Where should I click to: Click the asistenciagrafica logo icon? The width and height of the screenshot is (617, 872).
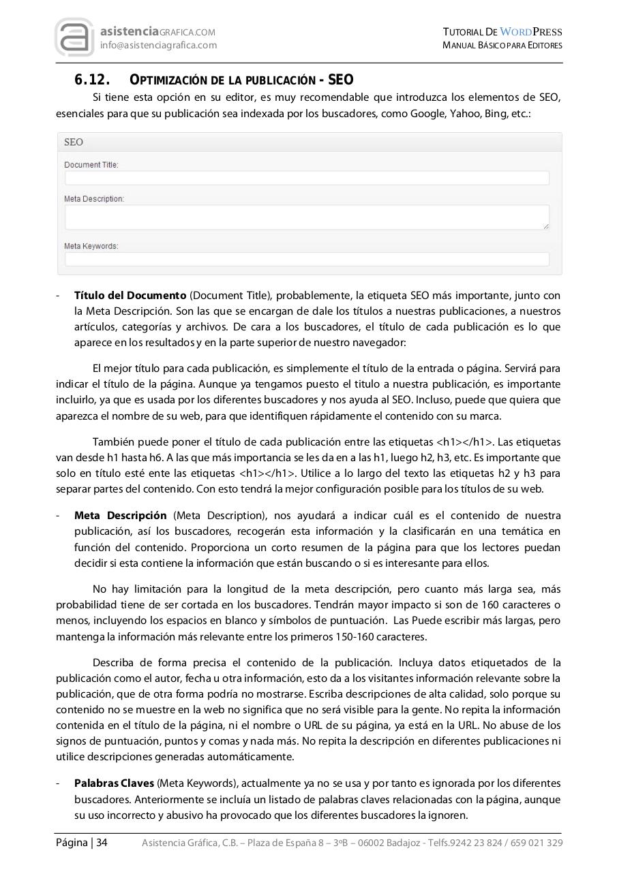click(75, 37)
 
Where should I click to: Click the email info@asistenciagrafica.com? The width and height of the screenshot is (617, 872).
click(158, 45)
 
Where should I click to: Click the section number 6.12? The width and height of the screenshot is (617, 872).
click(92, 80)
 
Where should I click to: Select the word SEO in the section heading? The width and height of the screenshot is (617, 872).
click(341, 80)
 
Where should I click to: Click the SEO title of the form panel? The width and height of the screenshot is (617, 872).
click(74, 142)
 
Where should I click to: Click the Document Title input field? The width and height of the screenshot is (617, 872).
click(307, 178)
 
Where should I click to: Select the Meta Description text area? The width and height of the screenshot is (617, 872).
click(307, 217)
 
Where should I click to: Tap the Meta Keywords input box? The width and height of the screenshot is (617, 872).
click(307, 259)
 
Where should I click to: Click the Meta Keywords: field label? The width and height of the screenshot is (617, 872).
click(91, 246)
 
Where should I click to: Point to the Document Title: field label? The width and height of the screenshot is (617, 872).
click(91, 165)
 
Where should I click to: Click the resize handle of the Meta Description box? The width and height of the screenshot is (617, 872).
click(545, 225)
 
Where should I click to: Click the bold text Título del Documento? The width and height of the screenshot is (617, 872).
click(130, 296)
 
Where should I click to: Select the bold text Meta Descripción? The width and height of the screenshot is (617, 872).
click(121, 516)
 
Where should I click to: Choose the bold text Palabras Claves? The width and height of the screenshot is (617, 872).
click(114, 783)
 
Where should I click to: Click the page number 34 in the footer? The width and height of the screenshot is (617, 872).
click(102, 843)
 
